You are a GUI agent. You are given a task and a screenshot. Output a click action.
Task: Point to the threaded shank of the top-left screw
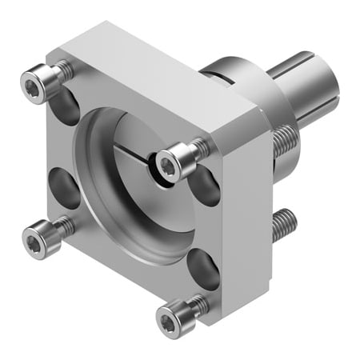62,72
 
